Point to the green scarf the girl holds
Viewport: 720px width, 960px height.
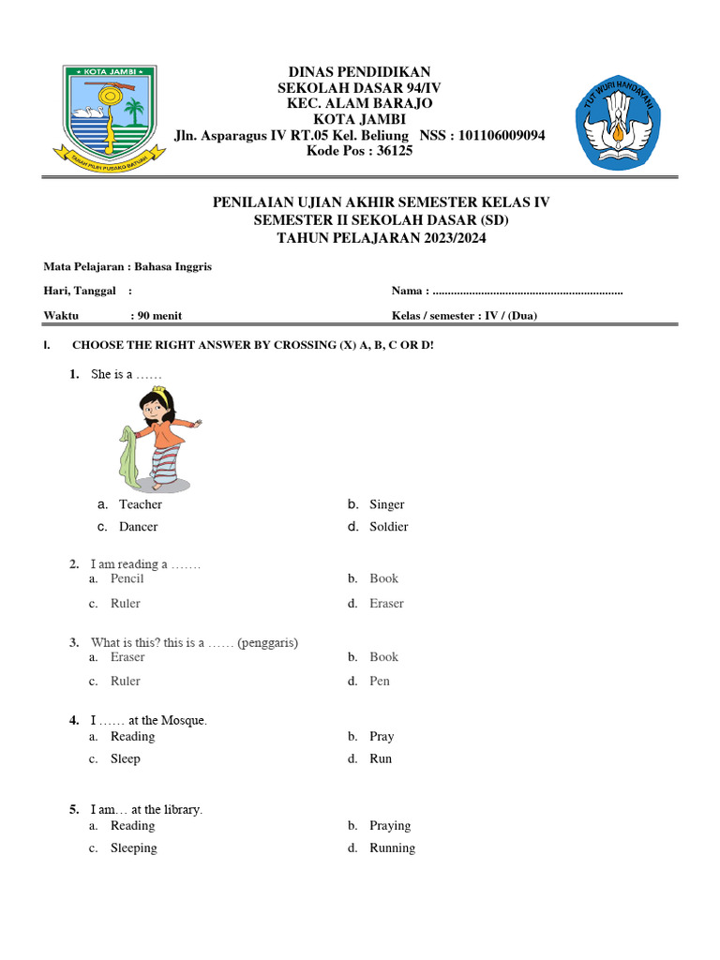(x=129, y=454)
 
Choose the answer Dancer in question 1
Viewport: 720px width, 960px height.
(x=138, y=527)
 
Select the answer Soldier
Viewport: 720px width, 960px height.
(x=388, y=527)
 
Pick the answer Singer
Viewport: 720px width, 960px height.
(x=386, y=504)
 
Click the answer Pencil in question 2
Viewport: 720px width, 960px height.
(x=127, y=578)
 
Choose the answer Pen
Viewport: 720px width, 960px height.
(x=379, y=681)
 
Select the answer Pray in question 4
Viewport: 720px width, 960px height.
(x=382, y=736)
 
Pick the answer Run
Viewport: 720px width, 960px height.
(x=381, y=758)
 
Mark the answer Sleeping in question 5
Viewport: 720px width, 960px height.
(x=133, y=847)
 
